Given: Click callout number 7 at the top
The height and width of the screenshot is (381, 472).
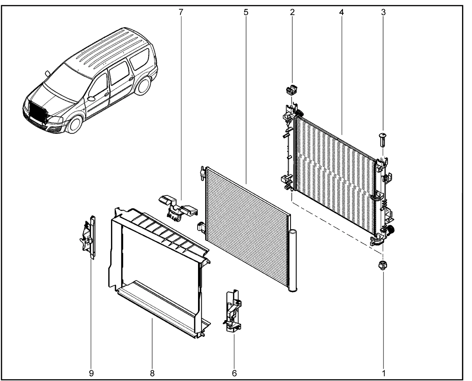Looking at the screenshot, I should tap(181, 12).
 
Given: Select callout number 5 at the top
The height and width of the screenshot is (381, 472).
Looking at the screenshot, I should tap(246, 12).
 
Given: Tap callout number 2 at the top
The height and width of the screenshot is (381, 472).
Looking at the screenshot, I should tap(292, 12).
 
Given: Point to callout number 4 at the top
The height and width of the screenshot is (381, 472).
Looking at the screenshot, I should tap(341, 12).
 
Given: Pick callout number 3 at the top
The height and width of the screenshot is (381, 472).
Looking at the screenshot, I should tap(383, 12).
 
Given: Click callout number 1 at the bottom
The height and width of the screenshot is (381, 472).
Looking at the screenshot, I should tap(383, 373).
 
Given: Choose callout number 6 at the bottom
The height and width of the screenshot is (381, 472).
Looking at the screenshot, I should tap(234, 373).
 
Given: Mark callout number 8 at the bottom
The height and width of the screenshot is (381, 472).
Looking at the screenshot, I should tap(152, 373).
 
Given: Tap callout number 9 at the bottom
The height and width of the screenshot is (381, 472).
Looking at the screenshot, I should tap(91, 373).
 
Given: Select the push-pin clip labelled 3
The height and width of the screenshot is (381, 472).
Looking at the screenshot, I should tap(383, 139).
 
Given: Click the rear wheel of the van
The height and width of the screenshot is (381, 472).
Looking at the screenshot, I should tap(144, 85).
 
